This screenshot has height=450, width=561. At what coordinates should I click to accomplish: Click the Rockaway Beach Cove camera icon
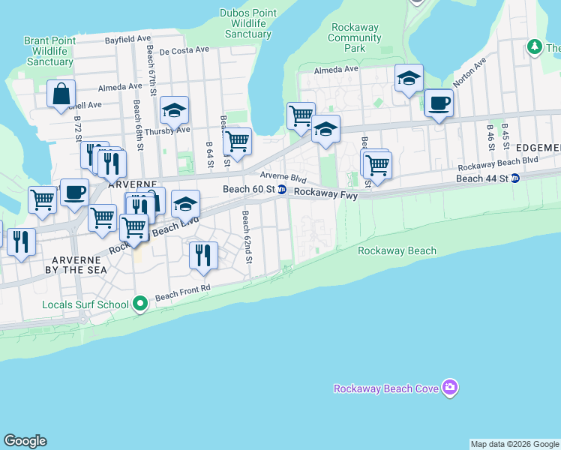click(x=450, y=388)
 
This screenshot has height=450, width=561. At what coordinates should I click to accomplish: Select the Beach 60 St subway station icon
click(x=282, y=190)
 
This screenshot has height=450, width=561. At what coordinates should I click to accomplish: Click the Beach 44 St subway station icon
click(x=515, y=178)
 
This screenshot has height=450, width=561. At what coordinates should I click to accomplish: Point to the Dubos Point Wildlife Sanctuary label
click(x=248, y=23)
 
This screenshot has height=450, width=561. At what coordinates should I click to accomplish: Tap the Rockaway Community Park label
click(x=355, y=37)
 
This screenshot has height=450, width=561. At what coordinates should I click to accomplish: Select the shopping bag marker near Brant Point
click(x=61, y=95)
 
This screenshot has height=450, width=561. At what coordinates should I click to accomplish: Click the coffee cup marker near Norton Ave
click(x=439, y=103)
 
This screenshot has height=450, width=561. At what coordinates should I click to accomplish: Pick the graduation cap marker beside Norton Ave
click(x=409, y=79)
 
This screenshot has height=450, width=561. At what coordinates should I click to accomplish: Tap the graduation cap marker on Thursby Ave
click(x=174, y=111)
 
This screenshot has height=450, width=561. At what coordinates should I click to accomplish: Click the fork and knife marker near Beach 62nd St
click(x=203, y=256)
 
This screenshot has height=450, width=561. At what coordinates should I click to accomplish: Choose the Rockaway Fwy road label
click(x=325, y=193)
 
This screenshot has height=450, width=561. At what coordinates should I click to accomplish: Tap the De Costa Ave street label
click(x=184, y=49)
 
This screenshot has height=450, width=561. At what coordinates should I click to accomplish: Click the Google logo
click(x=25, y=441)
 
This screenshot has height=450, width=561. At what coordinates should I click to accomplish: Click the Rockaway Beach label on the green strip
click(x=397, y=250)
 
